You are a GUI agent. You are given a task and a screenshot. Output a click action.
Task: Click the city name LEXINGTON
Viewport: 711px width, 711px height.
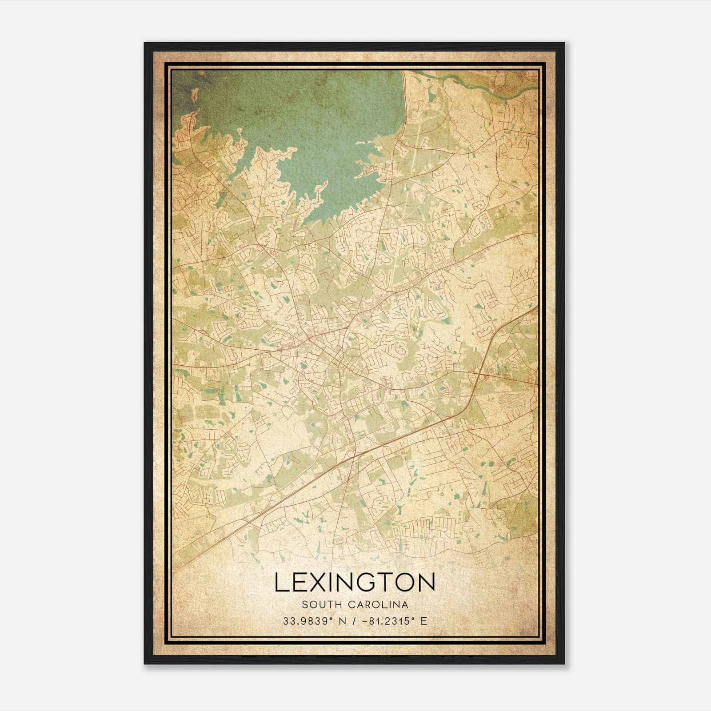355,582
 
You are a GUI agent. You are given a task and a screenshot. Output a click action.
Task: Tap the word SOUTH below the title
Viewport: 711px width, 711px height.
316,604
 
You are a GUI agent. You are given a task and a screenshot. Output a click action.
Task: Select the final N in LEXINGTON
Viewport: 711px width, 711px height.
425,582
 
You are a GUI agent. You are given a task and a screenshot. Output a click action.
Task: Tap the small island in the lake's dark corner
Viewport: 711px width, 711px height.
194,95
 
